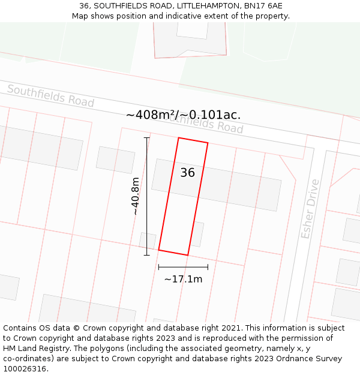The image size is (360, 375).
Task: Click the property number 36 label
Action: [x=187, y=173]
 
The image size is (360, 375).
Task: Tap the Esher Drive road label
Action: [x=310, y=209]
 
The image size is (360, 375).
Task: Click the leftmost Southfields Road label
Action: [x=50, y=96]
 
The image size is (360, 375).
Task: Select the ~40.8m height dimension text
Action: [x=136, y=196]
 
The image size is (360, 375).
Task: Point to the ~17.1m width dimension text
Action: [x=183, y=279]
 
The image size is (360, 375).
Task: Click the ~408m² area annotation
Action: [x=183, y=115]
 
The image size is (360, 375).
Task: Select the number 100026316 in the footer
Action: [x=26, y=368]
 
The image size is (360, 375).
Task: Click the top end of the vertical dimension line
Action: [x=147, y=138]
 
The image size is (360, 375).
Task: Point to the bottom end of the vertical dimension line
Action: [x=147, y=256]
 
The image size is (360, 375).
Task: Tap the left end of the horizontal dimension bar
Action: [x=158, y=267]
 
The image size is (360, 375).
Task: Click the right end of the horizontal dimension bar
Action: [x=208, y=267]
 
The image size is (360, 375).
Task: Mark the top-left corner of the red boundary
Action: [x=179, y=138]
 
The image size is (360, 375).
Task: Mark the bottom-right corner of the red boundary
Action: [x=188, y=256]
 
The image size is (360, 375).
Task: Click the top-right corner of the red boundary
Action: [x=208, y=143]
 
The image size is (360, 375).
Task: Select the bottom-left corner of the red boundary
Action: [x=158, y=250]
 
